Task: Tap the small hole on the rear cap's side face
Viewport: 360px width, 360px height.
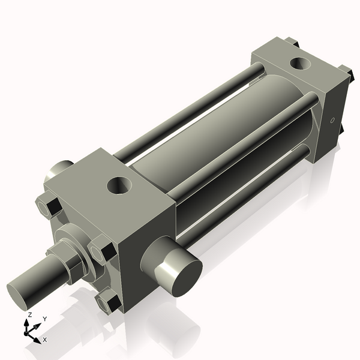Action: coord(332,121)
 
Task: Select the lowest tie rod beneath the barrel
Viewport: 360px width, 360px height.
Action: coord(240,198)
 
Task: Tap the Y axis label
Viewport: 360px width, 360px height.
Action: coord(44,319)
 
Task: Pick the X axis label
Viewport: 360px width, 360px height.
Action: coord(45,340)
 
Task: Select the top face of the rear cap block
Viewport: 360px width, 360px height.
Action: coord(294,66)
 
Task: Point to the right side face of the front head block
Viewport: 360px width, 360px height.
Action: coord(147,252)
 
